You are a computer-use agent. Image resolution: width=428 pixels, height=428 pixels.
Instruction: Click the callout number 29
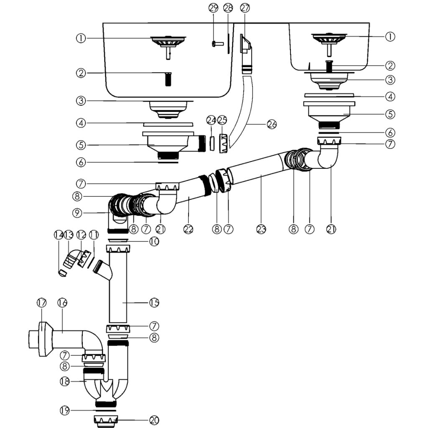tap(213, 8)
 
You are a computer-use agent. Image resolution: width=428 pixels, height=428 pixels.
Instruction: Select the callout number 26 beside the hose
tap(272, 125)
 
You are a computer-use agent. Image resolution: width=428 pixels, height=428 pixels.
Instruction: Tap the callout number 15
tap(154, 303)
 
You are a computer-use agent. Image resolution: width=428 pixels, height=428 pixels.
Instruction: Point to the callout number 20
tap(154, 420)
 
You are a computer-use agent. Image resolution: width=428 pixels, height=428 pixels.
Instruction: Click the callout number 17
tap(42, 303)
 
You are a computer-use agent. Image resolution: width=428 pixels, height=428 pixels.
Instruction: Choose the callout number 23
tap(261, 229)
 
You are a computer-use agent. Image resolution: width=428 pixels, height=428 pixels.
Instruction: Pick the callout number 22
tap(189, 229)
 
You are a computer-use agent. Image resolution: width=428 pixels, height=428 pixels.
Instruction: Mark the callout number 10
tap(154, 241)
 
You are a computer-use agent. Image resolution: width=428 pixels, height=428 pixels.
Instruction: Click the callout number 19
tap(65, 410)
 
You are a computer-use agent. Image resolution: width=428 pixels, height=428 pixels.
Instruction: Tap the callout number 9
tap(77, 213)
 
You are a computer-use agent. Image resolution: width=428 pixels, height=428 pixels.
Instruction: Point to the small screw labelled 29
tap(217, 43)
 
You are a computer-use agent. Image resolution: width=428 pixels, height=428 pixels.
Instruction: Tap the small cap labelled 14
tap(63, 273)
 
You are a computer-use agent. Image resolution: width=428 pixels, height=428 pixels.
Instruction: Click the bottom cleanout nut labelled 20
tap(106, 421)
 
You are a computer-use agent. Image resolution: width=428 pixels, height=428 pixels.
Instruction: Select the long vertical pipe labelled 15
tap(118, 287)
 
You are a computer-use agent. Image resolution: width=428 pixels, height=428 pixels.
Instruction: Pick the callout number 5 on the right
tap(390, 114)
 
